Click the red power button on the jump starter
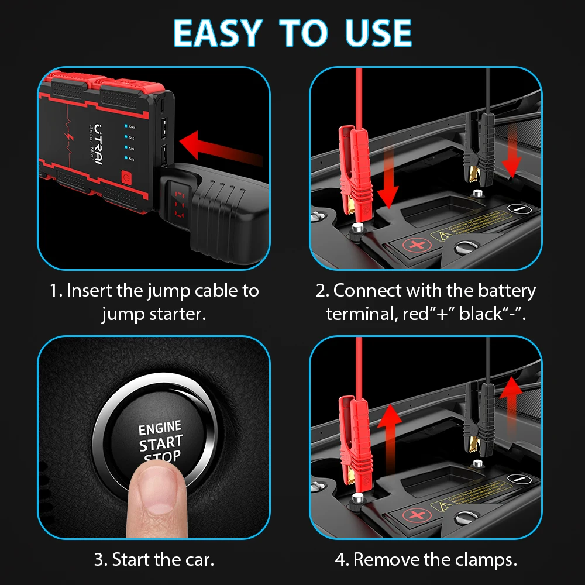pyautogui.click(x=126, y=178)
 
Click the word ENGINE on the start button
pyautogui.click(x=160, y=428)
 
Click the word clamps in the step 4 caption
pyautogui.click(x=486, y=560)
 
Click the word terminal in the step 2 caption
pyautogui.click(x=362, y=314)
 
